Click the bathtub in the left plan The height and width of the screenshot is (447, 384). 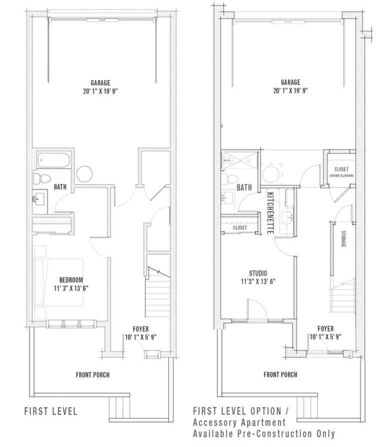pos(54,160)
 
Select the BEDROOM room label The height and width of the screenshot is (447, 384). pos(71,279)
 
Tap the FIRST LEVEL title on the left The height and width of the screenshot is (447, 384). pos(51,411)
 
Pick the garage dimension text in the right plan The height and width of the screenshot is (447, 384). pos(290,91)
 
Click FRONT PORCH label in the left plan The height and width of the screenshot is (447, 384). pos(93,374)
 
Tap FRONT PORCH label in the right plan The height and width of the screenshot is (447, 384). pos(280,374)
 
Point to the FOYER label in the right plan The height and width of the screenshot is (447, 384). pos(325,328)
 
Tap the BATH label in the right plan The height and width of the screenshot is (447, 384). pos(244,188)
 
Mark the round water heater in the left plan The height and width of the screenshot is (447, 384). pos(84,174)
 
